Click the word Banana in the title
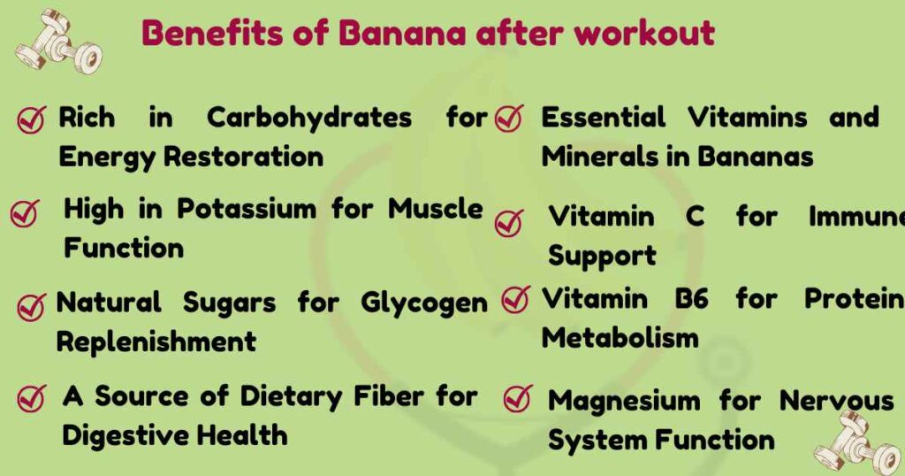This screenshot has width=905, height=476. tap(402, 34)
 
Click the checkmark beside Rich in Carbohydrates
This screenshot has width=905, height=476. tap(32, 119)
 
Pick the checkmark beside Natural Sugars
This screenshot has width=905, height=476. tap(31, 306)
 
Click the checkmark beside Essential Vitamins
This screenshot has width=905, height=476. tap(509, 119)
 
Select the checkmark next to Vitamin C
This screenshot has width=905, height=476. tap(509, 221)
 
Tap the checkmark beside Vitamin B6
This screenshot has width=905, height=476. tap(515, 300)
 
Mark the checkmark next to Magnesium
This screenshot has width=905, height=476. tap(516, 400)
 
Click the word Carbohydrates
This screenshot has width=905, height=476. tap(309, 118)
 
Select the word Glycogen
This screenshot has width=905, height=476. tap(424, 303)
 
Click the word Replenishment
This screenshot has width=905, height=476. tap(156, 342)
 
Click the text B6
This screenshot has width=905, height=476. tap(691, 299)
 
